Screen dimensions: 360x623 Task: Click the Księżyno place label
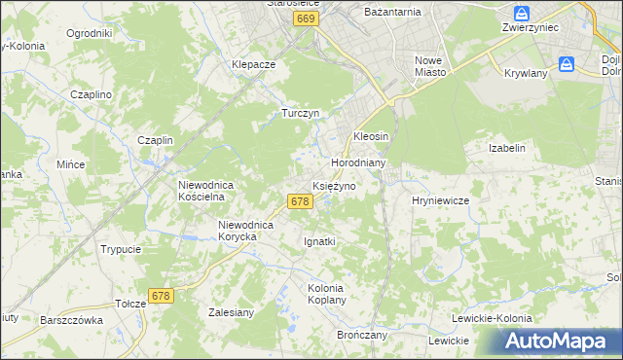click(340, 185)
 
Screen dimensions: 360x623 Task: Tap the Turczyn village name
click(301, 113)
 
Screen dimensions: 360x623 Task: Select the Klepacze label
click(254, 64)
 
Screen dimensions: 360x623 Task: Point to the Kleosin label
click(371, 136)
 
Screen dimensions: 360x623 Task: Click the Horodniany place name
click(359, 162)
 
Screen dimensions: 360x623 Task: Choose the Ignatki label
click(319, 240)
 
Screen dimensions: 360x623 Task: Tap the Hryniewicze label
click(441, 199)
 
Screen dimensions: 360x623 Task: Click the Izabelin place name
click(506, 148)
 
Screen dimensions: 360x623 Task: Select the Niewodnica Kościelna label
click(202, 190)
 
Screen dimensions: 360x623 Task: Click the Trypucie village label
click(121, 249)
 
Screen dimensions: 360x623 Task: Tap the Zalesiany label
click(231, 313)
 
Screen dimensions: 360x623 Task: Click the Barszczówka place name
click(71, 319)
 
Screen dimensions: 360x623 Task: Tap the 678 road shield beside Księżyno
click(300, 201)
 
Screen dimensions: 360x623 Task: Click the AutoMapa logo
click(559, 341)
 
